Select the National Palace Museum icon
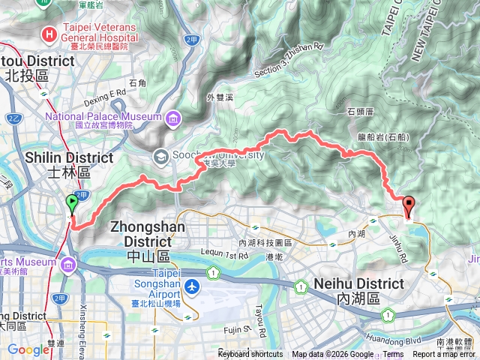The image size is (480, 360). coord(174,117)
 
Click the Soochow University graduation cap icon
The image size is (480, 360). coord(160,156)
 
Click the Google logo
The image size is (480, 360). coord(28,349)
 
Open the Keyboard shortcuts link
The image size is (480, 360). coord(250,355)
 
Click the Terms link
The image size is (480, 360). coord(393,355)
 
